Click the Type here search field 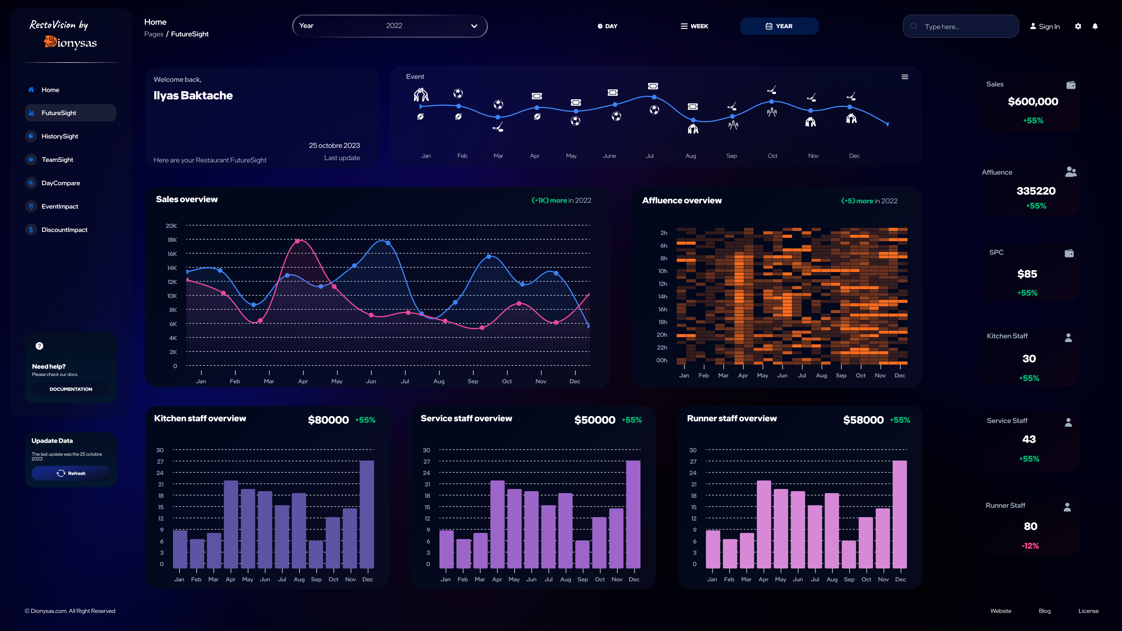tap(965, 27)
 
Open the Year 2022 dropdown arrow tap(474, 26)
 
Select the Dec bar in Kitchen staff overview tap(367, 514)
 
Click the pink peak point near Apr tap(297, 241)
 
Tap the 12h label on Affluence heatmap tap(662, 284)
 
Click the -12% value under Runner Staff tap(1030, 546)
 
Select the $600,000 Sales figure tap(1033, 101)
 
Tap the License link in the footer tap(1088, 611)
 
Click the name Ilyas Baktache tap(193, 95)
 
